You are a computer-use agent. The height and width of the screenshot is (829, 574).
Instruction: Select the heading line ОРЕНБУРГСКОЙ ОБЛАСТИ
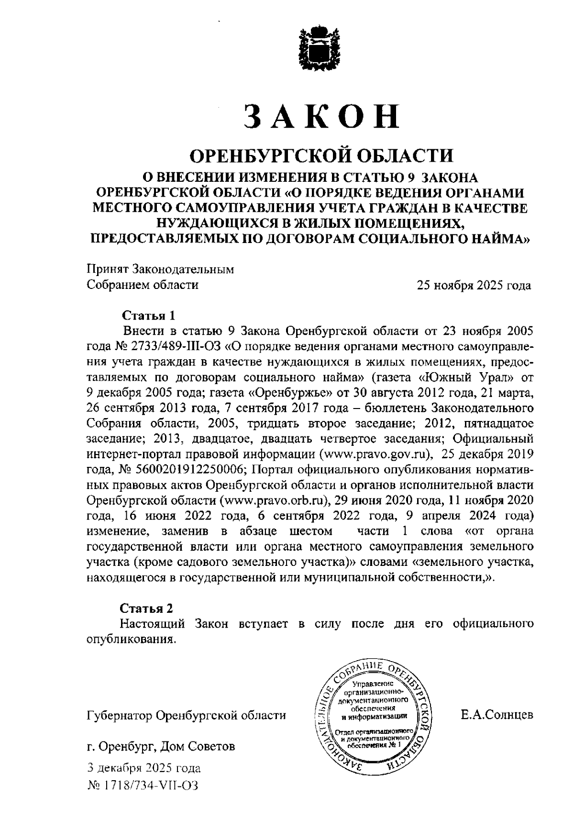tap(321, 155)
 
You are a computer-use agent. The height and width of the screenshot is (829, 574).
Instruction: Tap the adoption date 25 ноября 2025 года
tap(474, 286)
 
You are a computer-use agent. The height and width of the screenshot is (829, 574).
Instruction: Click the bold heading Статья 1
tap(149, 316)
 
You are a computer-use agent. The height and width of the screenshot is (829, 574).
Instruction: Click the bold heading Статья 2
tap(146, 609)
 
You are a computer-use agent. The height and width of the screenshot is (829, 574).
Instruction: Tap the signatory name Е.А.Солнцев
tap(497, 716)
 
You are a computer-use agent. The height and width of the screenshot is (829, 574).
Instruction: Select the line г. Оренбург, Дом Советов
tap(161, 746)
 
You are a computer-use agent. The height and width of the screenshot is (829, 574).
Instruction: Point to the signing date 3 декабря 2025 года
tap(144, 769)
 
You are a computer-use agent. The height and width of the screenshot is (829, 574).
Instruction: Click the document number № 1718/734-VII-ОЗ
tap(143, 786)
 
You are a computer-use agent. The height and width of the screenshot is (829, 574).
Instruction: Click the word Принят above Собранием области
tap(107, 269)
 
